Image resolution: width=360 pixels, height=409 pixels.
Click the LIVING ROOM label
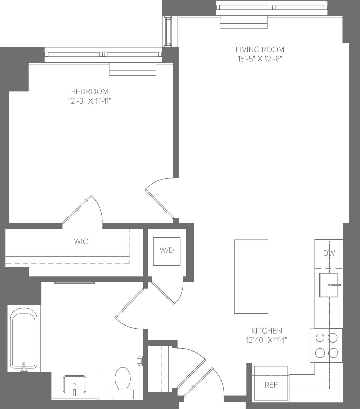[x=260, y=50]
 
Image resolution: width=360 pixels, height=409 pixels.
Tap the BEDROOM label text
[x=90, y=91]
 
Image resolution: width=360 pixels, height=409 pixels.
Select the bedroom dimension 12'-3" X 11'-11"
[x=90, y=101]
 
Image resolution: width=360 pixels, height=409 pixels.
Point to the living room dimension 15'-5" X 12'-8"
[x=260, y=59]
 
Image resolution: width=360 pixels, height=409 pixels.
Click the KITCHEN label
[x=267, y=331]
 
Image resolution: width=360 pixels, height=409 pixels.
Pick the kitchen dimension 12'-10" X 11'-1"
[x=267, y=340]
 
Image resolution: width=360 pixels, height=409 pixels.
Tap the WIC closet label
[x=81, y=241]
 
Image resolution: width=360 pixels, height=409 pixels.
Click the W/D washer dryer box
[x=167, y=251]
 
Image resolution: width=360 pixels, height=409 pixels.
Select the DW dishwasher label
[x=329, y=253]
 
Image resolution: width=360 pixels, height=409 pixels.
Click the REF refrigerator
[x=271, y=384]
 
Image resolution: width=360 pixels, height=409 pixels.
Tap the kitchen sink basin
[x=328, y=285]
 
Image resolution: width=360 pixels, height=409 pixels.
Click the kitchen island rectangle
[x=251, y=276]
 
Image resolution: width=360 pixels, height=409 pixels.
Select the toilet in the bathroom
[x=123, y=381]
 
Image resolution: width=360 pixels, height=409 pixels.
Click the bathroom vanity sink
[x=74, y=384]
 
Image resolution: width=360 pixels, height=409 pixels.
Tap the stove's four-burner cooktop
[x=326, y=345]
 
